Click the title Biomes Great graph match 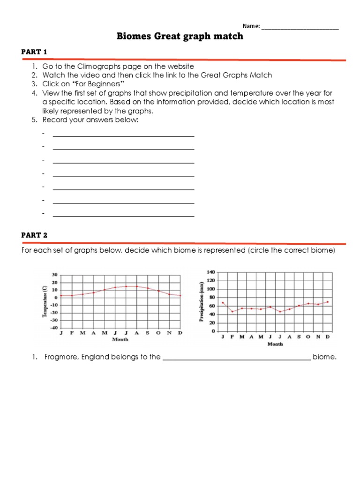[x=180, y=36]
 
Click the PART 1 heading [x=34, y=52]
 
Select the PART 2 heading [x=34, y=235]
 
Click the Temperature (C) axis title [x=45, y=301]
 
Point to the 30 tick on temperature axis [x=54, y=275]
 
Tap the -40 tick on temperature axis [x=54, y=328]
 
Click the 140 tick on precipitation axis [x=210, y=272]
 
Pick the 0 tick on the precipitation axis [x=213, y=331]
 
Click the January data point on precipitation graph [x=223, y=303]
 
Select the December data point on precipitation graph [x=327, y=302]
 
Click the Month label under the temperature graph [x=120, y=339]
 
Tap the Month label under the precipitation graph [x=275, y=344]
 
